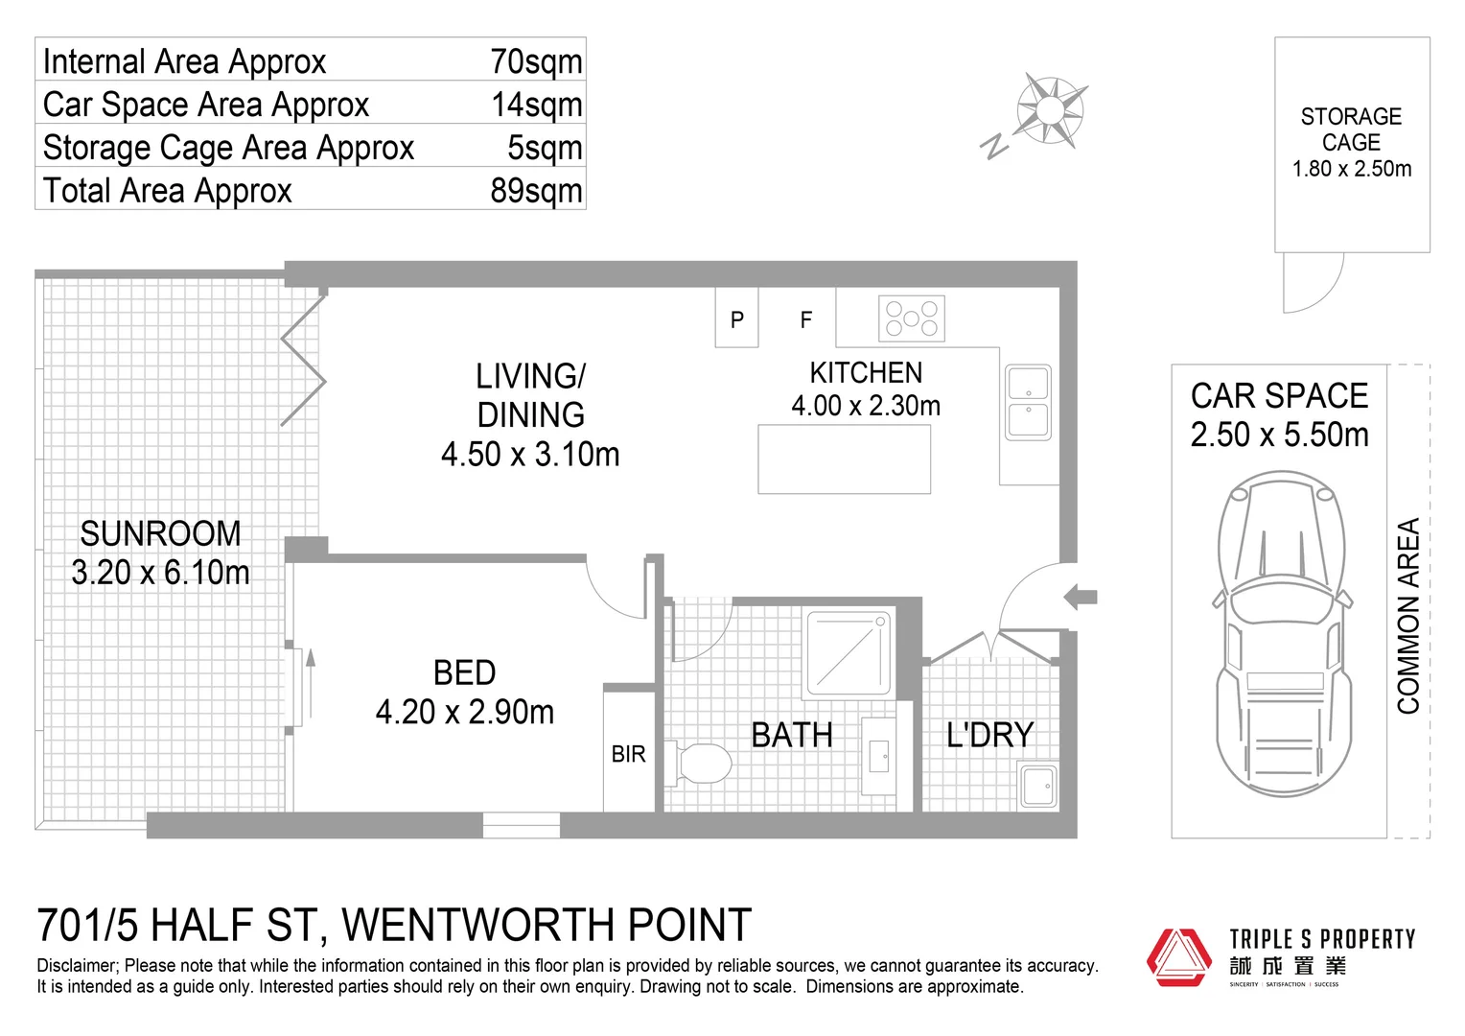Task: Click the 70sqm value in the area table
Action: click(536, 61)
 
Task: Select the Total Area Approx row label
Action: click(168, 191)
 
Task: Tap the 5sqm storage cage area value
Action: click(545, 148)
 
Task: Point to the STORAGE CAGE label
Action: click(1351, 130)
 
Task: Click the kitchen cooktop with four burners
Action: click(911, 318)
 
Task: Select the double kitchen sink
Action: click(1028, 402)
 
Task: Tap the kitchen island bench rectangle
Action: click(844, 459)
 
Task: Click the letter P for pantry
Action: click(737, 319)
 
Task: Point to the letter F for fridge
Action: click(806, 319)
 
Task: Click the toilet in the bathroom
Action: click(701, 764)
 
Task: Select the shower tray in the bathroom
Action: click(849, 652)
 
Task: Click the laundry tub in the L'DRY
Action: click(1037, 786)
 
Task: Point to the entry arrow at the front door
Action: click(1081, 597)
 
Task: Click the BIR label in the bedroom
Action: click(629, 755)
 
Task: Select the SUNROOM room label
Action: click(160, 533)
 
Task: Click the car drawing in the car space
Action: click(1282, 633)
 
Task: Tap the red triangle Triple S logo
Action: click(1179, 956)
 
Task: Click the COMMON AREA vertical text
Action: click(1407, 616)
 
